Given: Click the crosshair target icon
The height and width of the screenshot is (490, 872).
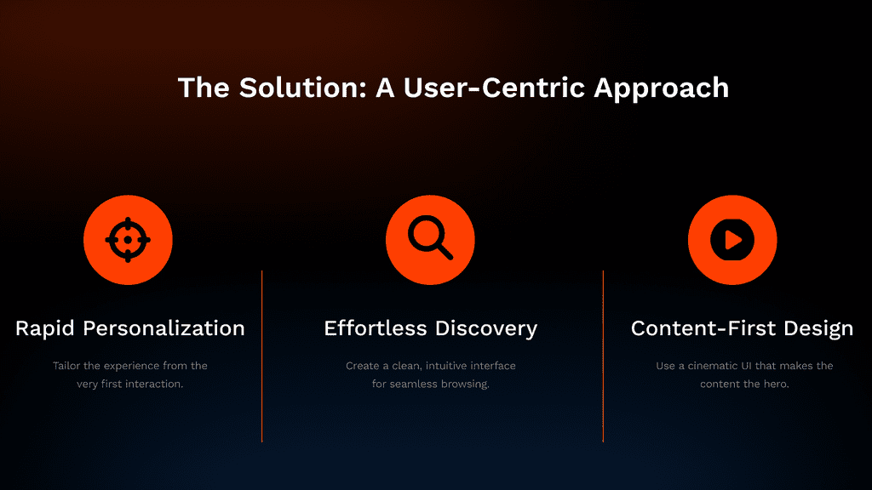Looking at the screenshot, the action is coord(128,240).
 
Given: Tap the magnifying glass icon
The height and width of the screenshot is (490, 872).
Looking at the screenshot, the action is coord(430,238).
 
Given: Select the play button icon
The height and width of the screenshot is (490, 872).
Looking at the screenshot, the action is coord(732,240).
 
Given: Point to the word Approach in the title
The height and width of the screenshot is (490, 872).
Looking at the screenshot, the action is coord(661,88).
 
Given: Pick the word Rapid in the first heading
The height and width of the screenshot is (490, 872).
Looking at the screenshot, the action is coord(45,329).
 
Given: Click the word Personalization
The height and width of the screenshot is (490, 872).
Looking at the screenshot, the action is coord(164,328).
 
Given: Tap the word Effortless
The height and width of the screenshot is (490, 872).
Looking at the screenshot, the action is coord(376,328).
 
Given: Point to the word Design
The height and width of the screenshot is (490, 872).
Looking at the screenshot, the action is coord(818,329).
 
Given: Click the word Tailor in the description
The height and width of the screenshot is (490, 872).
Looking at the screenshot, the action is coord(66,366).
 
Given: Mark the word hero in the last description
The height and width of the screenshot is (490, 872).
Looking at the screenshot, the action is coord(777,384).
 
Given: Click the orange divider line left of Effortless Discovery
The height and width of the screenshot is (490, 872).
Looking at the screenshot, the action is coord(262,356).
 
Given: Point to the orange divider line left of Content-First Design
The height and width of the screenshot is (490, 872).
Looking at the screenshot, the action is coord(603,356).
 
